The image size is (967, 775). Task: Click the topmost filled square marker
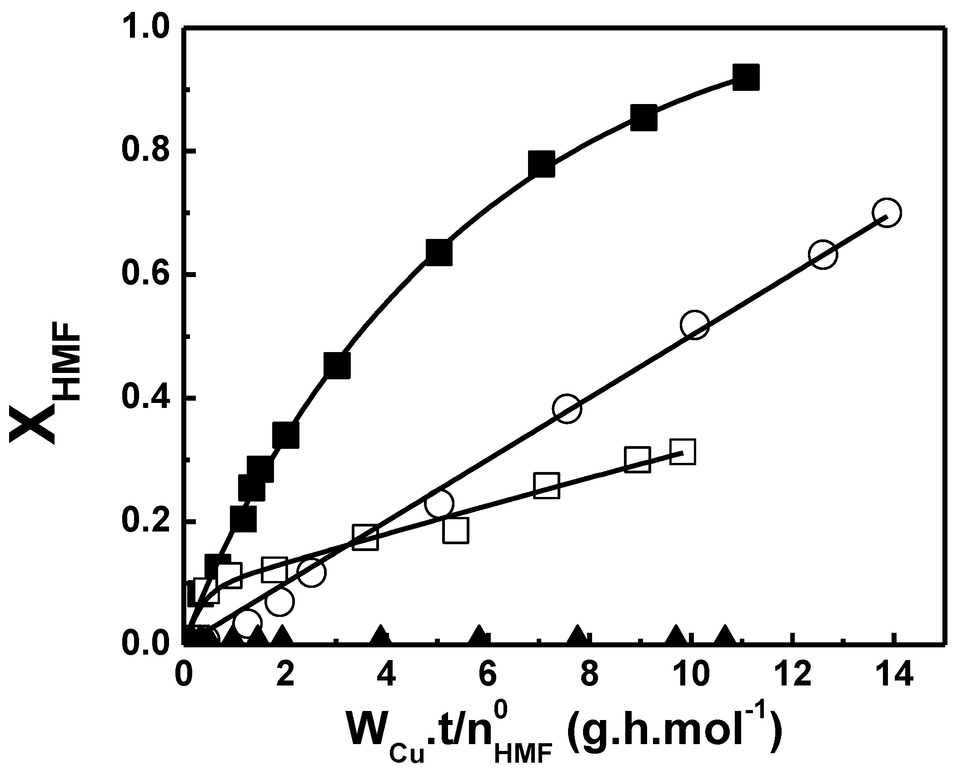[x=746, y=78]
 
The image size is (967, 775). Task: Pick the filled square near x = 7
[x=542, y=164]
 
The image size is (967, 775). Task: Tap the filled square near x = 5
[x=439, y=253]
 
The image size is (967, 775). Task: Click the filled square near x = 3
[x=337, y=365]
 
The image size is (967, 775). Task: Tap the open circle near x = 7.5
[x=567, y=408]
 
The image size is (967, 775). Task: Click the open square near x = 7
[x=547, y=486]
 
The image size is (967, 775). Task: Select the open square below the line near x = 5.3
[x=455, y=530]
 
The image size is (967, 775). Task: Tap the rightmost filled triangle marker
[x=725, y=636]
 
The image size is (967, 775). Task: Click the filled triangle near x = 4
[x=380, y=636]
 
